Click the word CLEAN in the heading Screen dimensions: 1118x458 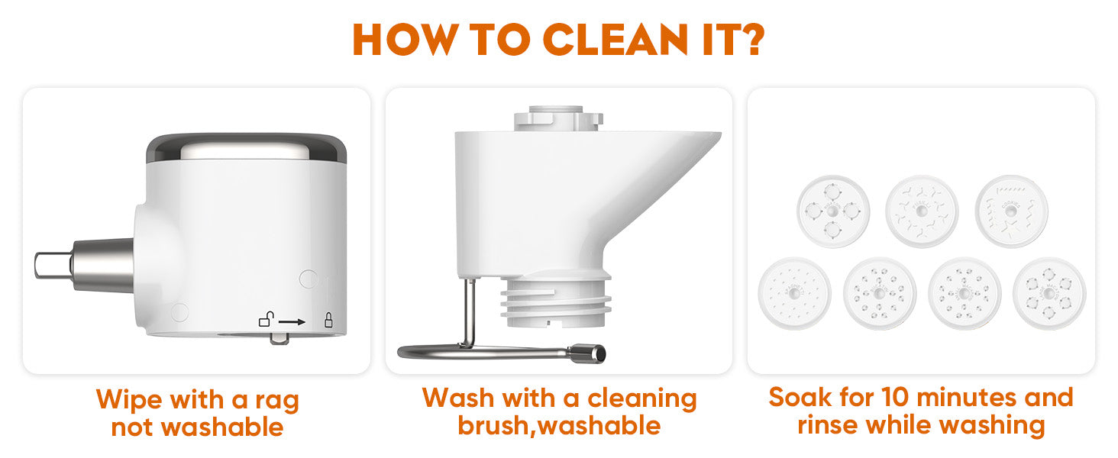point(615,40)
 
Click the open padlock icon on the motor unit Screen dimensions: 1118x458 point(267,319)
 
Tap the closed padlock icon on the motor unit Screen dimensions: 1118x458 point(328,320)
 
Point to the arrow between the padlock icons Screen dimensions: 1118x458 point(292,322)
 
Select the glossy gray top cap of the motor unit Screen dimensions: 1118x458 point(247,147)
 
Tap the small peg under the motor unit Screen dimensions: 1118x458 point(280,339)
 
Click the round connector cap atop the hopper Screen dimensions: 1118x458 point(558,118)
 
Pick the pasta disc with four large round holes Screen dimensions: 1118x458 point(833,211)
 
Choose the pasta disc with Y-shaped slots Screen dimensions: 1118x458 point(922,211)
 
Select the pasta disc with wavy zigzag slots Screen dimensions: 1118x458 point(1012,211)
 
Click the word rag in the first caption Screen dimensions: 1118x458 point(277,402)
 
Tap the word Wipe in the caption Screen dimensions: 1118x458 point(130,399)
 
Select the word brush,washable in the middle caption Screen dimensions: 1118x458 point(559,426)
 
